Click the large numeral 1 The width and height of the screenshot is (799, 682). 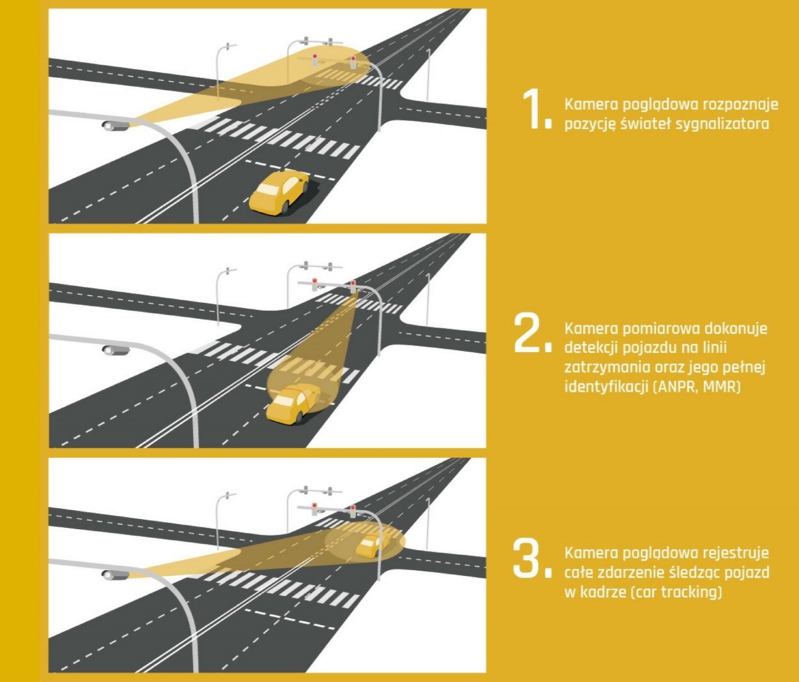tap(534, 110)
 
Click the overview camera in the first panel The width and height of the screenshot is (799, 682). tap(116, 125)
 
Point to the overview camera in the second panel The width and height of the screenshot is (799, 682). tap(116, 350)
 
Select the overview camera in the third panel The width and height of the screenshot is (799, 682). tap(116, 575)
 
